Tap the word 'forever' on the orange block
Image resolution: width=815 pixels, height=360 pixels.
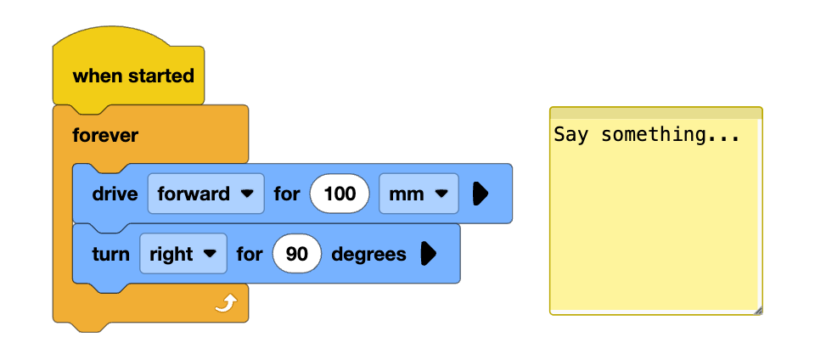click(x=105, y=135)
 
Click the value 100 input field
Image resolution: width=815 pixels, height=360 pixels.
click(x=340, y=194)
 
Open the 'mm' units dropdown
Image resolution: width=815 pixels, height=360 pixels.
click(x=418, y=194)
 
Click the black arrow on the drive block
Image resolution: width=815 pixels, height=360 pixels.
click(x=480, y=194)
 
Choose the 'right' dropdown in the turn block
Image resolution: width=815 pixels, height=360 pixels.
click(x=183, y=254)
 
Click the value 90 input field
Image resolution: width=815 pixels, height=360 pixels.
click(x=296, y=254)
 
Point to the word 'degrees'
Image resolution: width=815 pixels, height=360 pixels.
click(x=368, y=254)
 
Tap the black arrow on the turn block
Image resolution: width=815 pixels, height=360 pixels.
click(x=428, y=254)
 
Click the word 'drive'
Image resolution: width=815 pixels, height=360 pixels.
click(x=115, y=194)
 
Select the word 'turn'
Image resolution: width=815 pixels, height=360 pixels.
click(x=110, y=254)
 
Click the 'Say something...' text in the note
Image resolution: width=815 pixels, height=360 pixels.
click(x=646, y=135)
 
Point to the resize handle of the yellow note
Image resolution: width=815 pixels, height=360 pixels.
click(x=758, y=311)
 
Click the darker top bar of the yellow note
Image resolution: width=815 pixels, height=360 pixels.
click(x=655, y=113)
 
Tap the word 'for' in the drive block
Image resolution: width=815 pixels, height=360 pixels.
click(x=287, y=194)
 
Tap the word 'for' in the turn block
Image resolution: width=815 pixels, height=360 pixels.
click(x=250, y=254)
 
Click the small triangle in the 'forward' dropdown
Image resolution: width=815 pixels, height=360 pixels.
click(x=247, y=194)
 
